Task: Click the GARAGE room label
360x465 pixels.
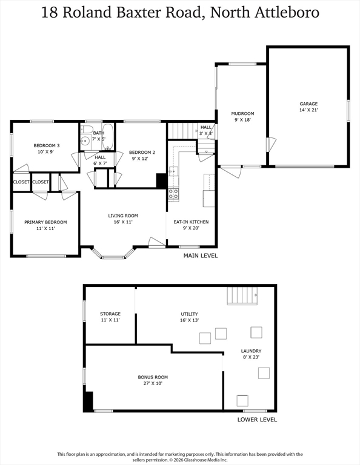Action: point(308,104)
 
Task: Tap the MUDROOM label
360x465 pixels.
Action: point(242,113)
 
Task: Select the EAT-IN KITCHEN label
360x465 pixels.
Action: point(191,222)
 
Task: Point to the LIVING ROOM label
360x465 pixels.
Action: point(123,216)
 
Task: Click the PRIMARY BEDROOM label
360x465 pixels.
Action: point(45,222)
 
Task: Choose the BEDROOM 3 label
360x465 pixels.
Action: point(46,145)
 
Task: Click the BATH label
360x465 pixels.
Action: point(99,133)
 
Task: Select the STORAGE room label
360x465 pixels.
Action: point(110,314)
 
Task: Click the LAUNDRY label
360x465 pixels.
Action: point(251,351)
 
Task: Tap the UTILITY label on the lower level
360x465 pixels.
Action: point(189,314)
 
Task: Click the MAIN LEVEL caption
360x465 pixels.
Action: point(201,256)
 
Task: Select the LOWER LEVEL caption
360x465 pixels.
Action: point(257,420)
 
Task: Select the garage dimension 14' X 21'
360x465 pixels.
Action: point(308,110)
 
